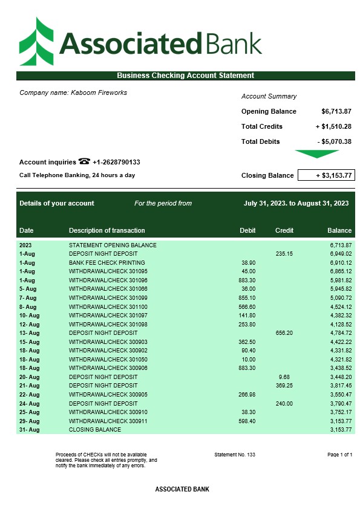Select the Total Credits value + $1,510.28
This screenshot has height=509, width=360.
click(x=333, y=126)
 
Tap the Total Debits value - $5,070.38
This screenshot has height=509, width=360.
click(x=334, y=141)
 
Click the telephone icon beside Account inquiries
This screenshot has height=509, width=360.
click(x=84, y=162)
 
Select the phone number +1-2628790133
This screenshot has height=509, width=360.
click(x=116, y=162)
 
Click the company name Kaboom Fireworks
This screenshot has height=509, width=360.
click(x=99, y=92)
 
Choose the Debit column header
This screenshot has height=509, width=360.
click(x=247, y=230)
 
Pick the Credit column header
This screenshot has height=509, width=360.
click(x=284, y=230)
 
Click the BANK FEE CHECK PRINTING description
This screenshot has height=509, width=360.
click(x=107, y=263)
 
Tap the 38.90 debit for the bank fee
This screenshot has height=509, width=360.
click(x=248, y=263)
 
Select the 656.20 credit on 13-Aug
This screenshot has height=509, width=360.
click(x=284, y=333)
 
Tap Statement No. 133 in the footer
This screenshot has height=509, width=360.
click(x=235, y=454)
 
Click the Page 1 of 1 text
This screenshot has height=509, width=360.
click(x=339, y=454)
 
